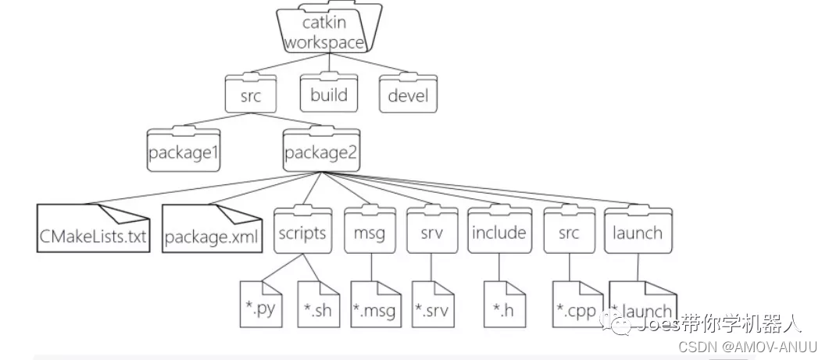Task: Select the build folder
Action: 329,96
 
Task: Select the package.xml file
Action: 213,230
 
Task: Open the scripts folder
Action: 301,231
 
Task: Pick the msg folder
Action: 369,231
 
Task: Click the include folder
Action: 498,231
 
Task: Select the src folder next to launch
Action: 569,231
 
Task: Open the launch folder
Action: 638,231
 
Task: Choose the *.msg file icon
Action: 373,306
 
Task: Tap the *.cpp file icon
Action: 574,306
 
